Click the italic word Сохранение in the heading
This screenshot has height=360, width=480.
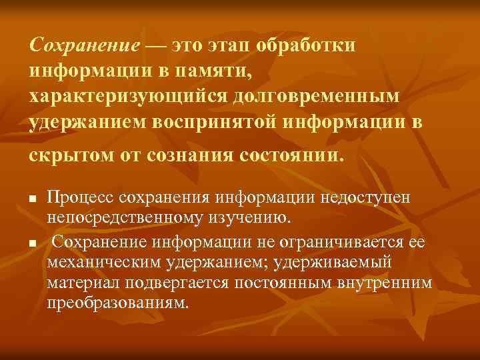[x=84, y=46]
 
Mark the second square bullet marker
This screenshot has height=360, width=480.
[x=31, y=245]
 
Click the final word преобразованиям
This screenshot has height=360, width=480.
[x=119, y=302]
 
